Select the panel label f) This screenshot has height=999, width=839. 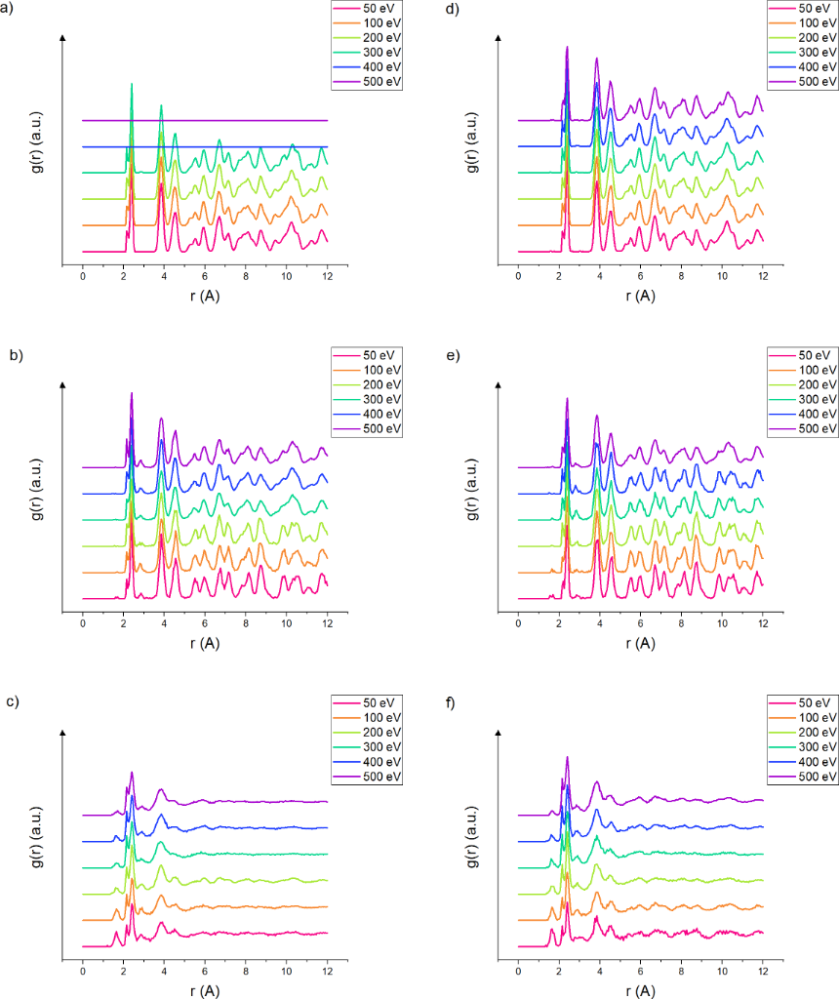point(450,702)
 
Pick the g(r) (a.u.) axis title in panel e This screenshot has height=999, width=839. point(472,491)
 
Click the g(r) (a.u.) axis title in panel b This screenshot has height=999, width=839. point(36,491)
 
